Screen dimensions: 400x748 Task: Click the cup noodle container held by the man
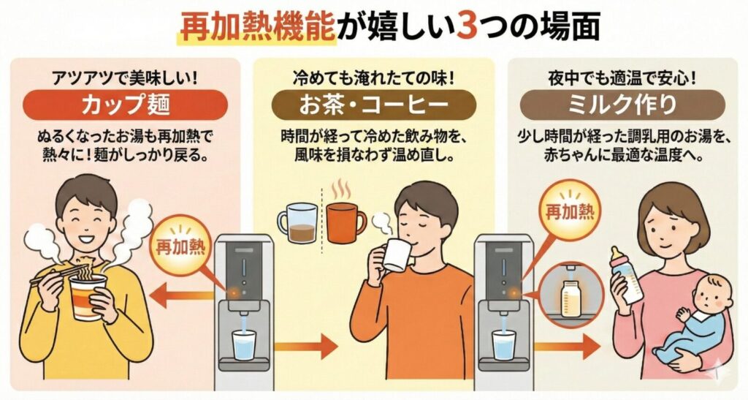[88, 293]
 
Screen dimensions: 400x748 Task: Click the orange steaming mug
[344, 222]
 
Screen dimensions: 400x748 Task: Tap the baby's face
[706, 293]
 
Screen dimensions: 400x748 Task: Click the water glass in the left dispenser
[243, 344]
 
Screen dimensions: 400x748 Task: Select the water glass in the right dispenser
[503, 344]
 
